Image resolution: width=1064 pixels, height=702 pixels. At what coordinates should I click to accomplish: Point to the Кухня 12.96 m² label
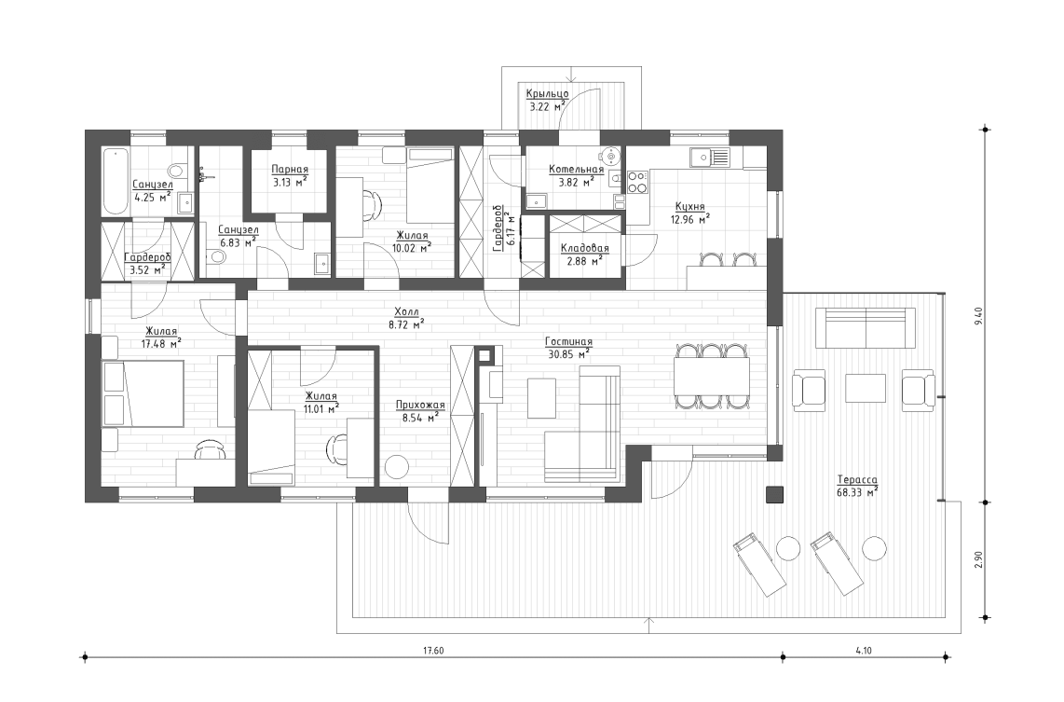pos(689,213)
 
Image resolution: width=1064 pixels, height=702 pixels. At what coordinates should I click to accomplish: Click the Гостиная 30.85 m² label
pos(568,348)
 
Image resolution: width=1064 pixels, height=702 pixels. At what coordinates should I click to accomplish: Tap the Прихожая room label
pos(420,411)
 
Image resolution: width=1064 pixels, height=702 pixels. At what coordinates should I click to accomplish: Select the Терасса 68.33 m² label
pos(857,485)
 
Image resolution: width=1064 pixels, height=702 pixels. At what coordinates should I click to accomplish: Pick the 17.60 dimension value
pos(431,650)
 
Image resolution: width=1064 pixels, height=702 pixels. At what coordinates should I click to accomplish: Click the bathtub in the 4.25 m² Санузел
pos(115,181)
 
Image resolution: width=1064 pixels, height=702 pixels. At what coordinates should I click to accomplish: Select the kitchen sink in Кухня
pos(709,157)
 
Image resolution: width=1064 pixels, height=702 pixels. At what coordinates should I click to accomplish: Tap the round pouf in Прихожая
pos(398,467)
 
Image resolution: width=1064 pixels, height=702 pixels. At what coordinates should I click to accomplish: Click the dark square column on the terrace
pos(773,496)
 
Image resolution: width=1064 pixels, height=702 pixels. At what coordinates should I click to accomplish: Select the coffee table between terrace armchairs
pos(865,388)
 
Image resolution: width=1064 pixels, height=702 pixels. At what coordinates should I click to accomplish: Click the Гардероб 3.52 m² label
pos(146,263)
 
